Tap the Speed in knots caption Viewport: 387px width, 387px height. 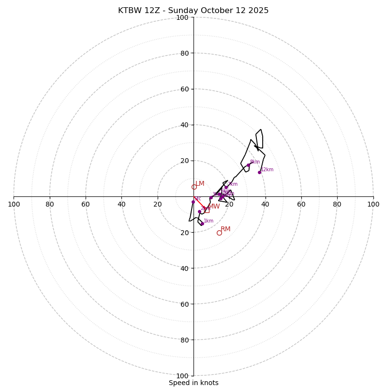tap(193, 383)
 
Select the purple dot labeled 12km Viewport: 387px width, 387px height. tap(259, 172)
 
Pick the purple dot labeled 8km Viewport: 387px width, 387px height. tap(248, 165)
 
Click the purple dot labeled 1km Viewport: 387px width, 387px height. tap(202, 224)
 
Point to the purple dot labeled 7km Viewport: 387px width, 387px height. tap(226, 187)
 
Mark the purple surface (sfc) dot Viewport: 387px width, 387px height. tap(193, 202)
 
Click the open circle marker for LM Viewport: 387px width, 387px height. tap(194, 187)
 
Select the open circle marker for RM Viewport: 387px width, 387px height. tap(219, 233)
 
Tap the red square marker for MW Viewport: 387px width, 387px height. tap(207, 210)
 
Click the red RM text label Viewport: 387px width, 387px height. tap(225, 229)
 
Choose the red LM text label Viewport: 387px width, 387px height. tap(200, 184)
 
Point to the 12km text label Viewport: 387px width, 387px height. tap(268, 170)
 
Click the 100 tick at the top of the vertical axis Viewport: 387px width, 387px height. tap(182, 17)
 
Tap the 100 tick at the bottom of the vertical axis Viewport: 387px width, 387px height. tap(182, 376)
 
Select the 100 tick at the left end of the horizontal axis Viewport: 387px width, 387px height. tap(14, 204)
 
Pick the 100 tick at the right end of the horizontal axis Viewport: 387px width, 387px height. tap(373, 204)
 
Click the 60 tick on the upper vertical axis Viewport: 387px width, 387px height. tap(184, 89)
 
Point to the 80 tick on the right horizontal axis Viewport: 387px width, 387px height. tap(337, 204)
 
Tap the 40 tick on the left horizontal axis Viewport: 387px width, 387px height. tap(121, 204)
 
